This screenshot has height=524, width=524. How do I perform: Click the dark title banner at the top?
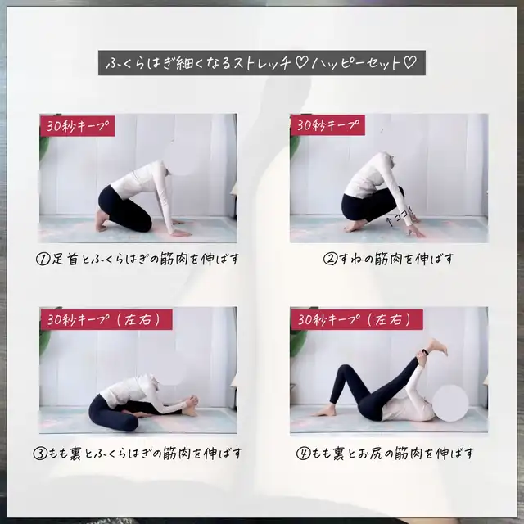pos(262,63)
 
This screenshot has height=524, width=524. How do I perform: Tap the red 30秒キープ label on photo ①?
pos(77,126)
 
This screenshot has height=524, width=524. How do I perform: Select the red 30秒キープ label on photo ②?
pos(327,125)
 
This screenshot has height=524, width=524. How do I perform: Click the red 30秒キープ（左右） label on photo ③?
pos(106,319)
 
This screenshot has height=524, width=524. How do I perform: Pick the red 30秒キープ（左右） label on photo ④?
pos(357,319)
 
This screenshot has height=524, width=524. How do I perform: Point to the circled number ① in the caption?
pos(43,260)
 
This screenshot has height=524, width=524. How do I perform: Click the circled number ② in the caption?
pos(330,259)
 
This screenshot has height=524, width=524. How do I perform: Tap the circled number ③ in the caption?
pos(40,454)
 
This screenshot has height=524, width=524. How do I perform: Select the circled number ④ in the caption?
pos(304,454)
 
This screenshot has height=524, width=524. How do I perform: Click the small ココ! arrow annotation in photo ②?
pos(400,217)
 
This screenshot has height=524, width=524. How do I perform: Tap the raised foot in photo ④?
pos(436,347)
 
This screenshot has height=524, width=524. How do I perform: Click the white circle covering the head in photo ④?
pos(450,403)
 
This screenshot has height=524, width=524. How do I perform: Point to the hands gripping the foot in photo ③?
pos(192,401)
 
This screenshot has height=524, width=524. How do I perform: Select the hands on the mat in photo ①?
pos(180,229)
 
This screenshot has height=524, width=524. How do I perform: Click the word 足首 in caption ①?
pos(65,260)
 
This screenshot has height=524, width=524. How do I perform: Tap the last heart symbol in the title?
pos(410,62)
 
